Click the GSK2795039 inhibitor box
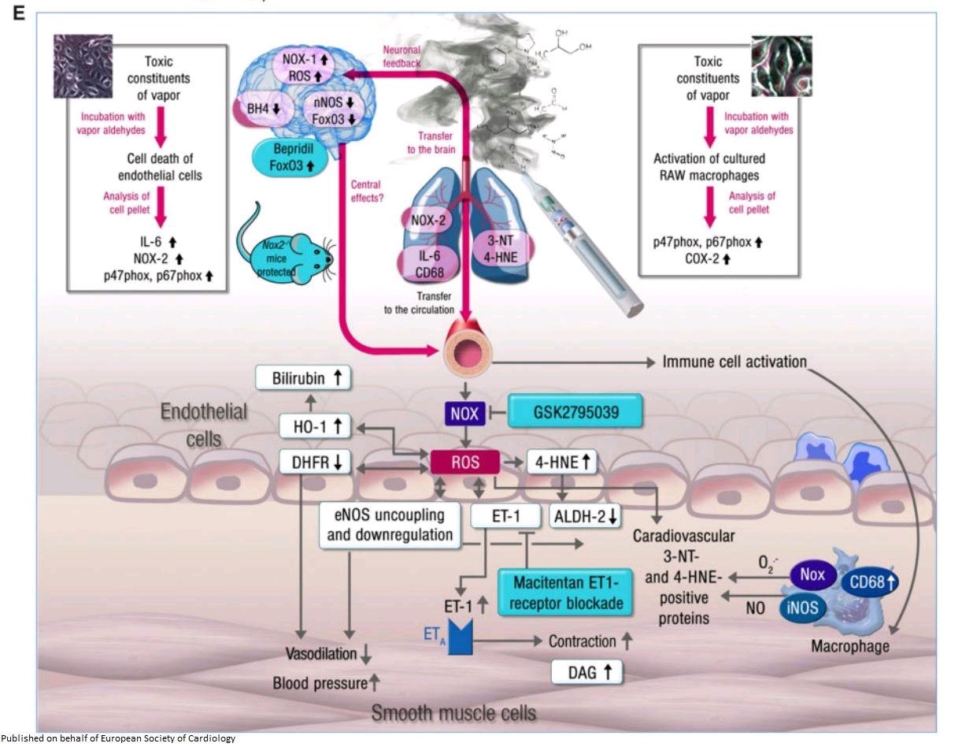[x=575, y=411]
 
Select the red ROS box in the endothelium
[x=464, y=463]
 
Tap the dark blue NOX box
[x=464, y=411]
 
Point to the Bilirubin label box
[x=302, y=378]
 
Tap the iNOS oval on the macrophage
[x=803, y=607]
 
